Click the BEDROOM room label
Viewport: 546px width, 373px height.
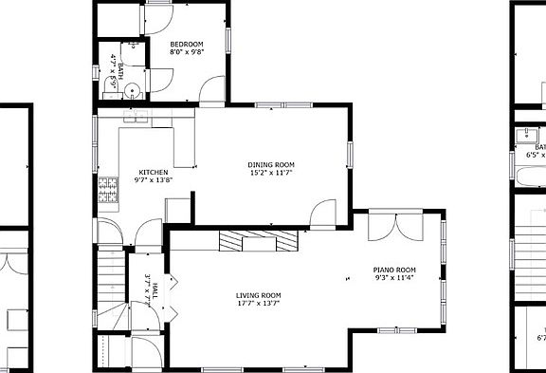pos(187,45)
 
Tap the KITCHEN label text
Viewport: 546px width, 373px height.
pos(153,172)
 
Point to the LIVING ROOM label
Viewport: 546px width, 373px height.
pos(258,295)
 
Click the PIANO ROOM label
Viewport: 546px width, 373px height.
pos(393,270)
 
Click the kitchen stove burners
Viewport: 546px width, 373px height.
pos(107,193)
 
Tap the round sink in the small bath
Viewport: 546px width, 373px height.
pos(135,91)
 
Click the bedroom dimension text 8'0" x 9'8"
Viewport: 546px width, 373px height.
pos(187,53)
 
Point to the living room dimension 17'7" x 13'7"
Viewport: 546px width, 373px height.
pos(258,304)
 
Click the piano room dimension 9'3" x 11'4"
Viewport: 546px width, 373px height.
pos(393,278)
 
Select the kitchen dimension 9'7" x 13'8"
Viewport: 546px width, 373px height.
pos(153,180)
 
